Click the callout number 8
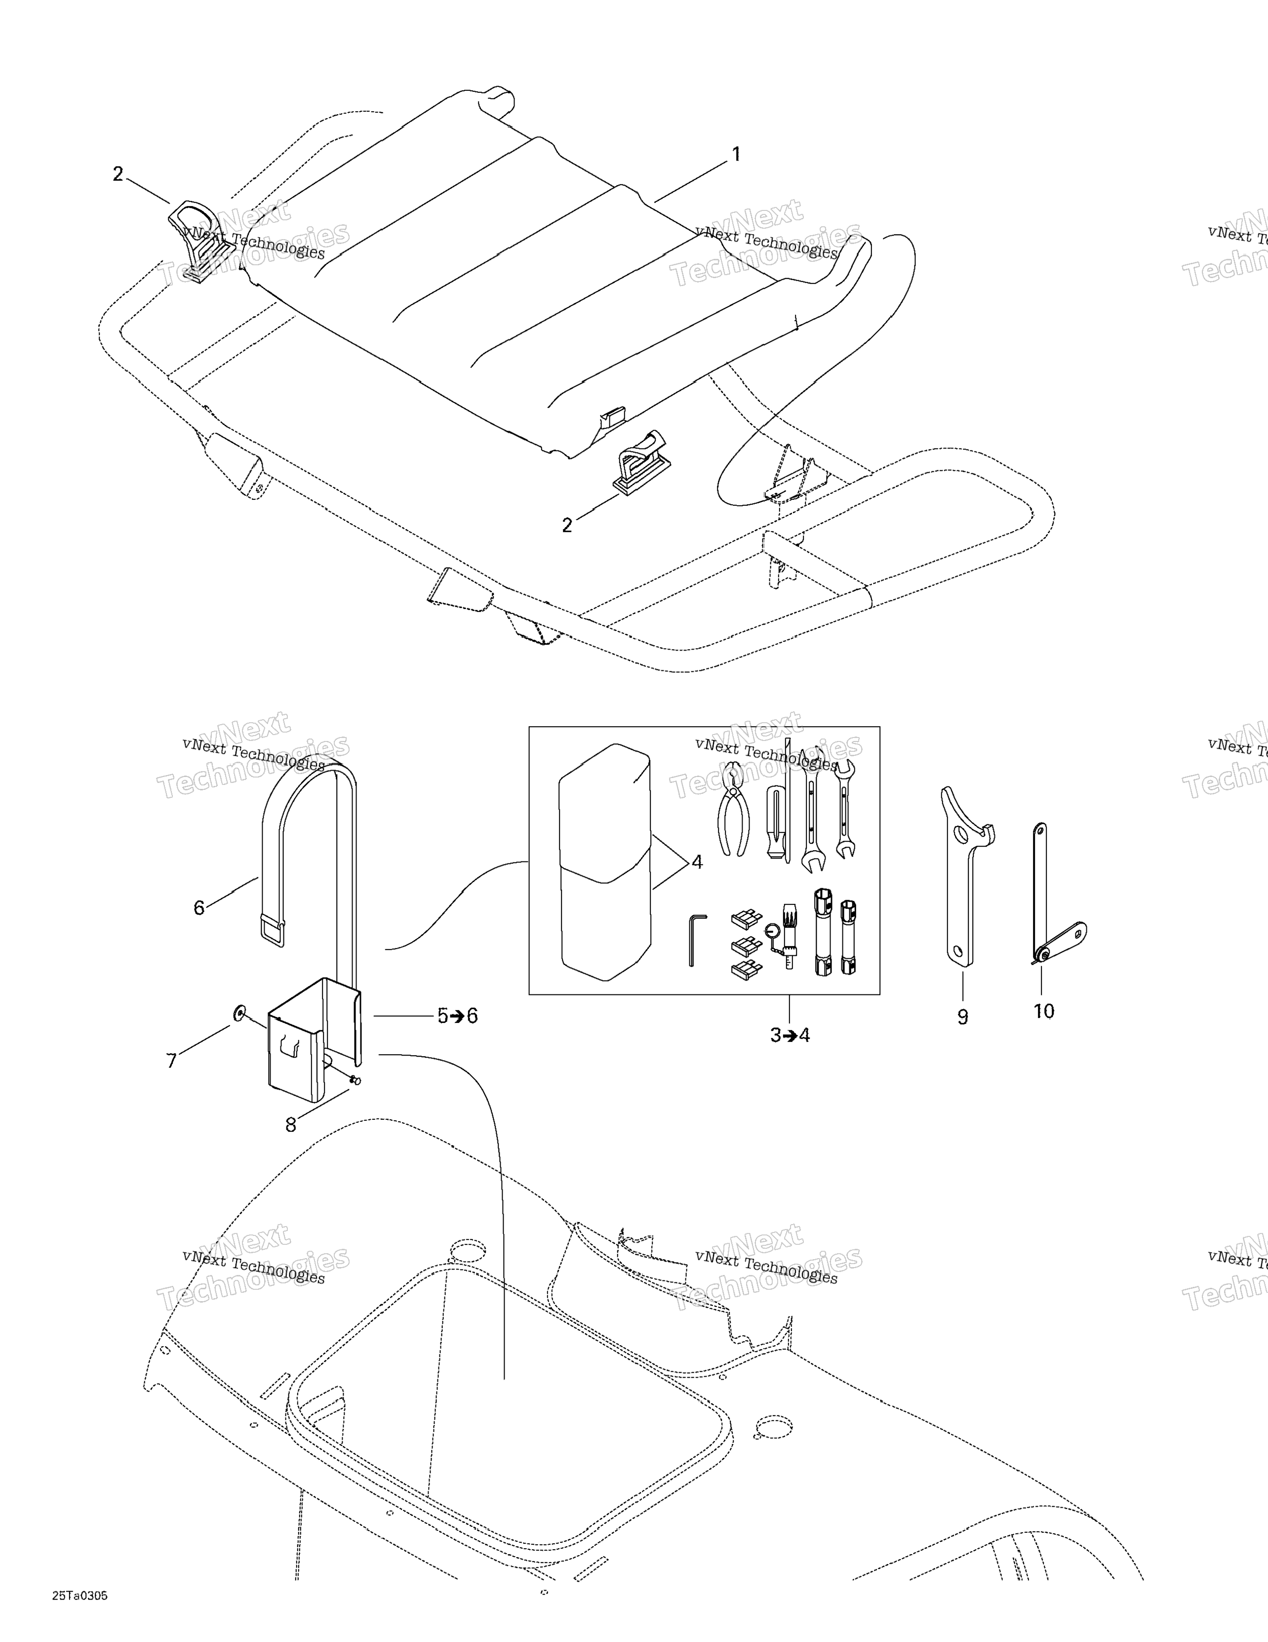[291, 1125]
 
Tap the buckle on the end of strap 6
[272, 930]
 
